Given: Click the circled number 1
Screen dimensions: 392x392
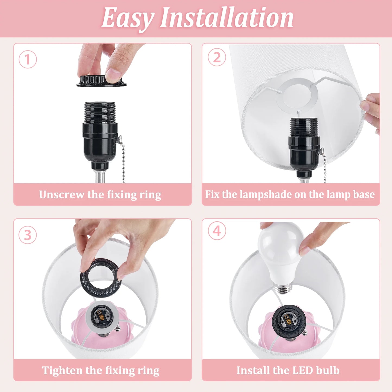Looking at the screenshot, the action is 28,59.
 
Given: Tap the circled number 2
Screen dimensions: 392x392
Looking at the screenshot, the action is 217,57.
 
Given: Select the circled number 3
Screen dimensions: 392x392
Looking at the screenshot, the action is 28,235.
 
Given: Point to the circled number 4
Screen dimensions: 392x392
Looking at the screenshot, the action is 217,231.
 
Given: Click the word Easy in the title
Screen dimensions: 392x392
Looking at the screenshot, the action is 128,18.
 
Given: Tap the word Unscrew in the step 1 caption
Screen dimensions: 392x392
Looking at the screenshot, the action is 61,195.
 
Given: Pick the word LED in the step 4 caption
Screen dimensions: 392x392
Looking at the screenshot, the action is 303,370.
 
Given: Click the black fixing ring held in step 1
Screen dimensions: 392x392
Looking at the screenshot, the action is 101,81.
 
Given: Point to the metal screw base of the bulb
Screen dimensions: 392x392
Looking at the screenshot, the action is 283,288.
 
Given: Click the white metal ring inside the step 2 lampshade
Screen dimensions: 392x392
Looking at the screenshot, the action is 297,95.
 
